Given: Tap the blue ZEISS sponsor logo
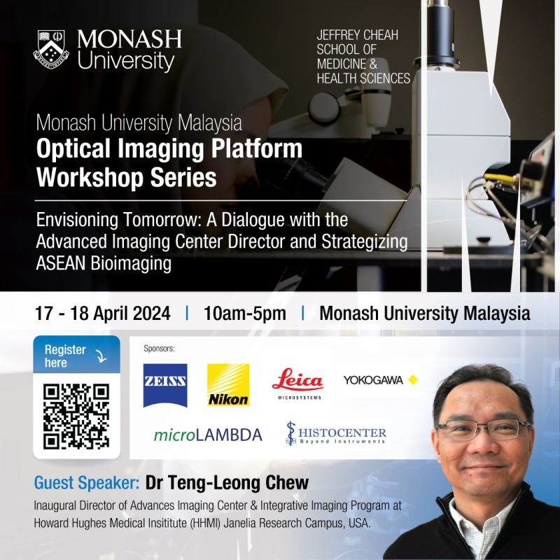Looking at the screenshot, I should click(x=165, y=385).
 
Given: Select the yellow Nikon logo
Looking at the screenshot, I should click(x=228, y=385).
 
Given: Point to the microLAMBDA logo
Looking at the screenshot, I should click(x=208, y=435).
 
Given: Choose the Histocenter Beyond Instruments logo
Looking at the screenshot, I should click(x=336, y=434).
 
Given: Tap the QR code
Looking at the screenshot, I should click(x=76, y=416).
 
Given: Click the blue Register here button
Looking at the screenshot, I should click(x=76, y=356).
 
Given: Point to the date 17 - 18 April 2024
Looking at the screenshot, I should click(x=102, y=314).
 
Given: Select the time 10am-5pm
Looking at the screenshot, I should click(x=244, y=314).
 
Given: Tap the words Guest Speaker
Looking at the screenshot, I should click(x=86, y=483).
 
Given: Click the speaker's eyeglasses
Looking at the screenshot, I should click(x=483, y=428).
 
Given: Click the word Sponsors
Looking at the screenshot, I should click(x=159, y=348).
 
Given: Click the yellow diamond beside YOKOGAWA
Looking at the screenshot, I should click(x=412, y=380).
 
